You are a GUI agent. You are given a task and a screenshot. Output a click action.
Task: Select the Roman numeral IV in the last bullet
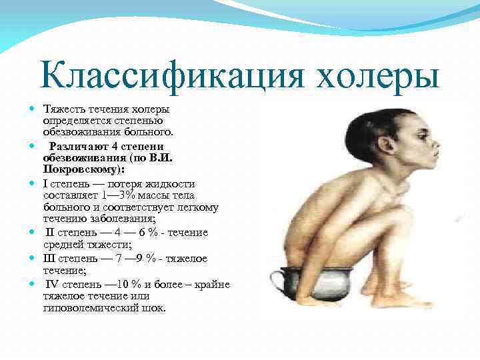54,284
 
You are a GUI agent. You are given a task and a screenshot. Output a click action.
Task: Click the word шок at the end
153,309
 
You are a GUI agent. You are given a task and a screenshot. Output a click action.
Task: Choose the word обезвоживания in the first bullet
76,132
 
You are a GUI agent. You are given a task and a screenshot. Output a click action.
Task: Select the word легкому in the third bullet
195,207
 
